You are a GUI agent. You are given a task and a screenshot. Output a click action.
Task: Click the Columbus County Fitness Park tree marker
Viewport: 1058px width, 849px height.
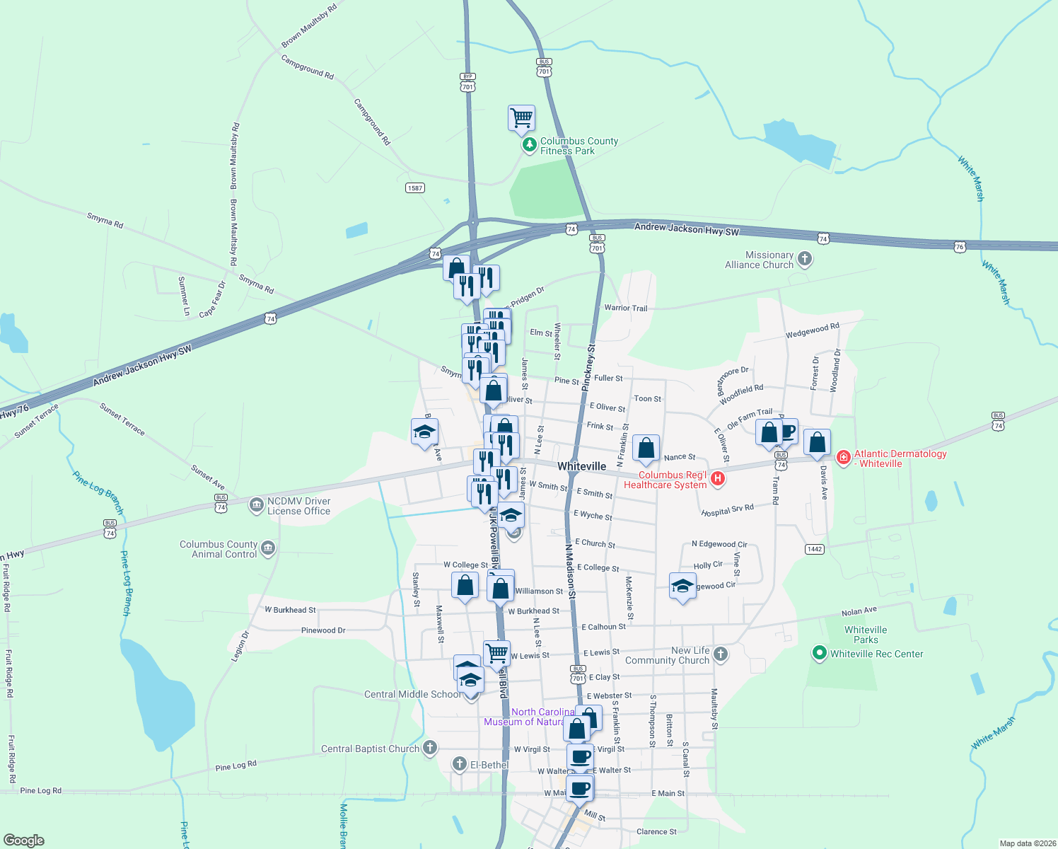point(529,145)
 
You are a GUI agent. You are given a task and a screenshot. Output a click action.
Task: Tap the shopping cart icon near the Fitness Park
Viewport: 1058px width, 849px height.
point(521,118)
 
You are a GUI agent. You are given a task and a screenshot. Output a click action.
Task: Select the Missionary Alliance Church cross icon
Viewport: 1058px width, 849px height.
point(804,259)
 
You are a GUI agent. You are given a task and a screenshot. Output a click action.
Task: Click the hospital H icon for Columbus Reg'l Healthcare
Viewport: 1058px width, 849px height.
point(718,479)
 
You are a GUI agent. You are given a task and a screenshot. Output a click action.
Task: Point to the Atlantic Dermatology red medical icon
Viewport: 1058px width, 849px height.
point(843,458)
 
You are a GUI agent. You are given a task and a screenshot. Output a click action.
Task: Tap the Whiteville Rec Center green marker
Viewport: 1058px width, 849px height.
point(820,653)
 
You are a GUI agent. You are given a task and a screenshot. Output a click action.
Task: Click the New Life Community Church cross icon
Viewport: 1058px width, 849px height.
point(721,654)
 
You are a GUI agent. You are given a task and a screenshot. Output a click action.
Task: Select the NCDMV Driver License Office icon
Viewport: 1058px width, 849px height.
point(256,505)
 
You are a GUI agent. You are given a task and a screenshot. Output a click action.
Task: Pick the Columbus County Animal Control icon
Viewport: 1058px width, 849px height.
point(268,549)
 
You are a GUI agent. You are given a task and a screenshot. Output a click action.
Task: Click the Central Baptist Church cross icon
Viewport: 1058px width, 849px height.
point(430,748)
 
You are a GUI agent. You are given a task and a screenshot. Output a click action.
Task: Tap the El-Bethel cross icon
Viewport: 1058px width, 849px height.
point(460,764)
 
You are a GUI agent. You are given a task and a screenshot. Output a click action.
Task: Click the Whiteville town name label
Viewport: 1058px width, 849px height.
point(581,466)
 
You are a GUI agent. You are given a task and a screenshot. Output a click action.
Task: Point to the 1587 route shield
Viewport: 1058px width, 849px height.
point(415,187)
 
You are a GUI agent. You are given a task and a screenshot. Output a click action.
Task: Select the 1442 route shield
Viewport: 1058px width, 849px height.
point(815,549)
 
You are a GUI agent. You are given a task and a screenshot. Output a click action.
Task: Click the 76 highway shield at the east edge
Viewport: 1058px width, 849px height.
point(959,247)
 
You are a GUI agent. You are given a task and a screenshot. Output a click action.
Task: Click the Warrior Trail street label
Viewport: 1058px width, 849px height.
point(625,308)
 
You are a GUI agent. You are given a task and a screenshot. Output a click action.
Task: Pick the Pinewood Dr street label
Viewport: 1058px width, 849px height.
point(323,630)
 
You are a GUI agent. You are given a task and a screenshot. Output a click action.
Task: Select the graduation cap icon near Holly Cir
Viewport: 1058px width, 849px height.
point(682,587)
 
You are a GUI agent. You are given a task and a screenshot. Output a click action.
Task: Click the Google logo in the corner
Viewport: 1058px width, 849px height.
point(24,840)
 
